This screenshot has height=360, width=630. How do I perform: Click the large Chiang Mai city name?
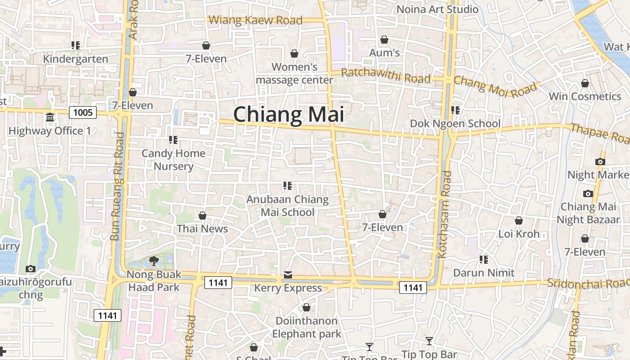point(288,114)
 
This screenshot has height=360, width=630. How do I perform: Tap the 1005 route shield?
point(83,112)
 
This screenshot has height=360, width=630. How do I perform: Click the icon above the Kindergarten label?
point(76,45)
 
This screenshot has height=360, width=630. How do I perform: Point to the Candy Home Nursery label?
point(174,160)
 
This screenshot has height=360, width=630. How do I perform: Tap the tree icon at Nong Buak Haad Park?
point(153,261)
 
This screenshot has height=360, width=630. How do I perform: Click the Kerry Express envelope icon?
point(288,275)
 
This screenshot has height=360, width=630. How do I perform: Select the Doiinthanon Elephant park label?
point(306,327)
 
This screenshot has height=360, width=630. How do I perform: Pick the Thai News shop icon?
point(202,216)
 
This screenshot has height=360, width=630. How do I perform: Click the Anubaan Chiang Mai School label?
point(288,206)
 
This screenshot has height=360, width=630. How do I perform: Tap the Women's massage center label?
point(294,73)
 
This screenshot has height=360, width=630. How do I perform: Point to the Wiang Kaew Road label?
point(256,20)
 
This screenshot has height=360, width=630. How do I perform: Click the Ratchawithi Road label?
point(386,76)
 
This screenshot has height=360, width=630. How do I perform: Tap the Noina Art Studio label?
point(437,9)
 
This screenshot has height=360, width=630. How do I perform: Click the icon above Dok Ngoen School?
point(455,110)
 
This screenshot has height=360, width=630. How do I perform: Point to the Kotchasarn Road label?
point(444,214)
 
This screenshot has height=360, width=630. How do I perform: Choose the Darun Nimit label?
point(484,273)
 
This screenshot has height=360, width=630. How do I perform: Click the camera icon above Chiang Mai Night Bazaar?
point(588,194)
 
